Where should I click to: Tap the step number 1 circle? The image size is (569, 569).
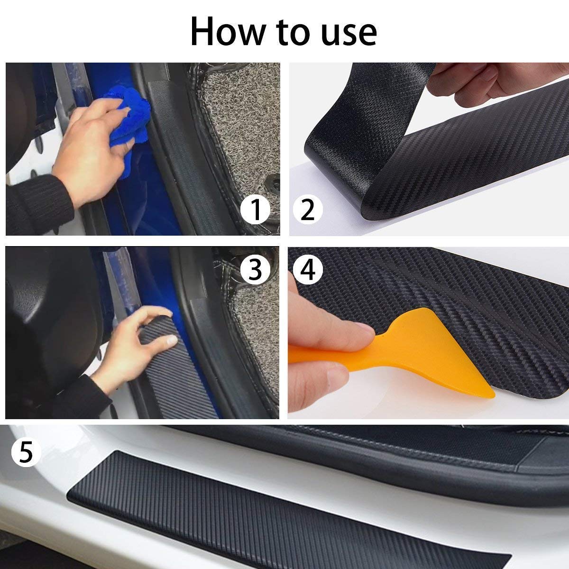(256, 210)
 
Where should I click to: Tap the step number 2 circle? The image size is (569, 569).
(307, 210)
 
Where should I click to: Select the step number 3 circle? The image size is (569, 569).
(255, 269)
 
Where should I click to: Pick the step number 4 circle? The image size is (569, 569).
(308, 270)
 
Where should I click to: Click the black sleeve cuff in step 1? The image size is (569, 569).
(36, 204)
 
